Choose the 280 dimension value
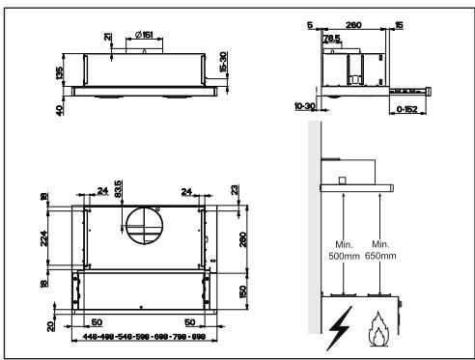(243, 237)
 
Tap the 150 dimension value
(243, 289)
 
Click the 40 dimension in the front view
(58, 111)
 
